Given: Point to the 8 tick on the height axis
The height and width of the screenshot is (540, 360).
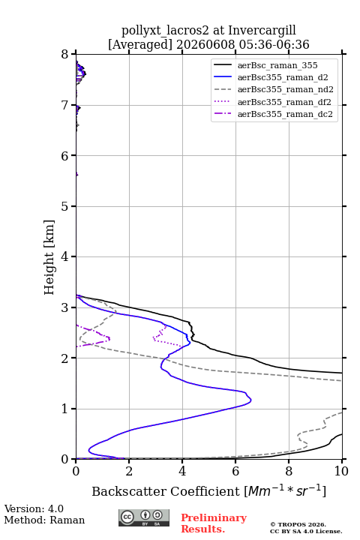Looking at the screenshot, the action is (65, 54).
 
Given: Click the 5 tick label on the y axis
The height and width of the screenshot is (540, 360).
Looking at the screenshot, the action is (65, 206).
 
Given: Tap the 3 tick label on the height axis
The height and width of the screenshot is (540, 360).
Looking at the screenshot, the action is (65, 307).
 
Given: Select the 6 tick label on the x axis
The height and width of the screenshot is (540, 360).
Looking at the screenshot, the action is (235, 471).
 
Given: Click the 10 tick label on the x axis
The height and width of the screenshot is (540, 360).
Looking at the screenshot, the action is (342, 471).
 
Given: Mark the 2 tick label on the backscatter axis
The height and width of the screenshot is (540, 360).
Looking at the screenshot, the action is (129, 471).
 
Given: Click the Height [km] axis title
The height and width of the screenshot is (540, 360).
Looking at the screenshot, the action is (49, 257).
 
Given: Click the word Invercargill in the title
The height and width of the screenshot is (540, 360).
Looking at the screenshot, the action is (262, 31).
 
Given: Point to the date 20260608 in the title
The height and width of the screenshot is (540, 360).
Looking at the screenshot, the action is (206, 44).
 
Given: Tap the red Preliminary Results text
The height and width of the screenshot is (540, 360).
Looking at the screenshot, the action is (214, 523).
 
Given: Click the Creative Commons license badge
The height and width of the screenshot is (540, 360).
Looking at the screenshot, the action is (144, 517).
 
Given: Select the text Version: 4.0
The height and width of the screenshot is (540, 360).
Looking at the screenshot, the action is (34, 509).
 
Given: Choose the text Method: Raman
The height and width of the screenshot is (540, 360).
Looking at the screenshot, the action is (44, 520).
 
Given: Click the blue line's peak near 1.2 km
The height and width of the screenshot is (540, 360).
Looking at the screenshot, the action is (250, 400).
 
